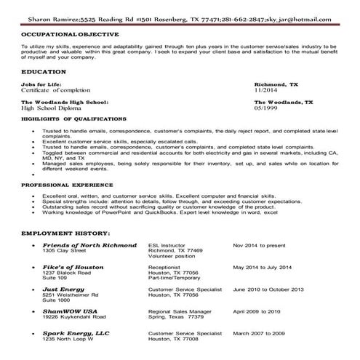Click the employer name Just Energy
coord(63,289)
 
